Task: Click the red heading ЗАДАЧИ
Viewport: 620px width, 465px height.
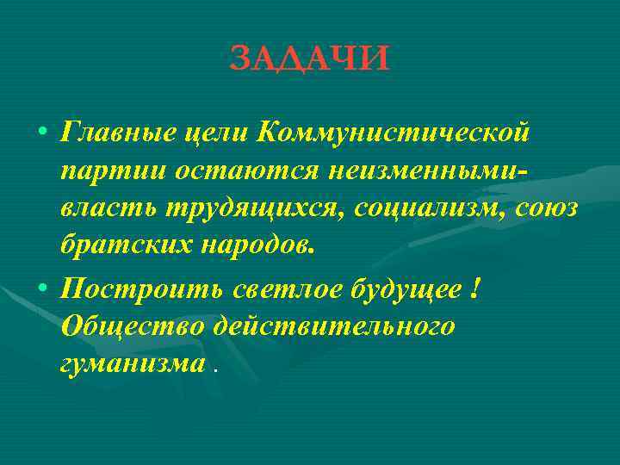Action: point(310,58)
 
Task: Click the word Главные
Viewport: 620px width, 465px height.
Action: point(118,133)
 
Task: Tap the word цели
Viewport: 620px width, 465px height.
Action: point(219,133)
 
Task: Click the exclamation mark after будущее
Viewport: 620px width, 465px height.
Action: point(477,289)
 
